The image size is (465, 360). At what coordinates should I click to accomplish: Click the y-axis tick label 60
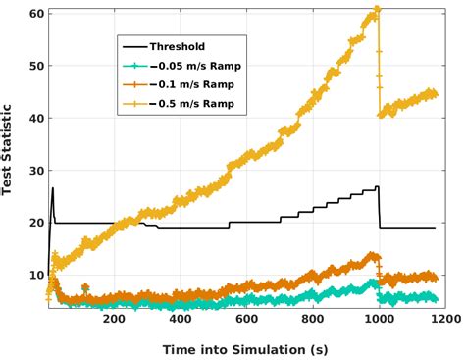point(33,14)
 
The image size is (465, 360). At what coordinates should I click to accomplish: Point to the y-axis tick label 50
point(33,66)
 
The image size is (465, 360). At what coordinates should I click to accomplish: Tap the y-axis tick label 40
point(33,118)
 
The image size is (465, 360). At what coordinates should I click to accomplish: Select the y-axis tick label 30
point(33,171)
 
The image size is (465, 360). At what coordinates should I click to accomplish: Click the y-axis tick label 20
point(33,223)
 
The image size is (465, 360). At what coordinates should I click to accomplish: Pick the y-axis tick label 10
point(33,275)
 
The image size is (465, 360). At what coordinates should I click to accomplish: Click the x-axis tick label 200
point(114,319)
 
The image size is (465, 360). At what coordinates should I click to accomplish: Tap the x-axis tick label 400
point(180,319)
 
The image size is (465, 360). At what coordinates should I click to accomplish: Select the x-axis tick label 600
point(246,319)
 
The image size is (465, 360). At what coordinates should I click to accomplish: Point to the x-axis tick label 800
point(312,319)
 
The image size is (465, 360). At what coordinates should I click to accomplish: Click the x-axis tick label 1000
point(379,319)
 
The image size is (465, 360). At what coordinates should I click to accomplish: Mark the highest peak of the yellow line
point(377,10)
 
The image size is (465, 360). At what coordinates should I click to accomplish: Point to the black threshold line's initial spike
point(52,188)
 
